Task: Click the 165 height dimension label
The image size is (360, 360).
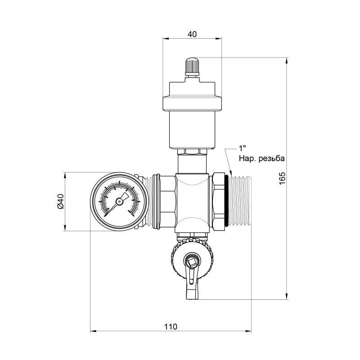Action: [283, 178]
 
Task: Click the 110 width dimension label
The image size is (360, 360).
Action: [171, 327]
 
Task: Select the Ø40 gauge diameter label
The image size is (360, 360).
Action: [60, 201]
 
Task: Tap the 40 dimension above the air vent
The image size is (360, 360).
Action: [192, 34]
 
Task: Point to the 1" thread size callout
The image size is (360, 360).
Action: [242, 148]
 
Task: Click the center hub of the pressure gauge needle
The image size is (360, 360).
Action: [119, 202]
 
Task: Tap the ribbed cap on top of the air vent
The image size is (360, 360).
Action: [192, 65]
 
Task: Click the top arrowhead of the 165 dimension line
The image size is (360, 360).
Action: [287, 61]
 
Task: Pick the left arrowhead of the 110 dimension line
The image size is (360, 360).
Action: [94, 331]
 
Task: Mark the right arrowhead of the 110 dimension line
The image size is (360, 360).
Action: [248, 331]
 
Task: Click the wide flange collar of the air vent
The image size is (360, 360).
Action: [192, 103]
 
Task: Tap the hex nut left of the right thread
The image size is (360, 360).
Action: [218, 201]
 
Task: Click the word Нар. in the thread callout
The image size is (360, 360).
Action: [247, 158]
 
